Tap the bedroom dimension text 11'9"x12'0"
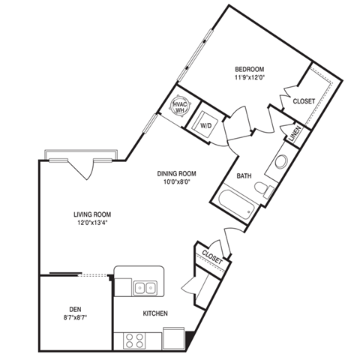coord(249,76)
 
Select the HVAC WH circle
coord(180,106)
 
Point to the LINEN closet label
coord(293,133)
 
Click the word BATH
coord(244,176)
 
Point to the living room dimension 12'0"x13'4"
coord(93,223)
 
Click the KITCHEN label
coord(155,313)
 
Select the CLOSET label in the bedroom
coord(304,100)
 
